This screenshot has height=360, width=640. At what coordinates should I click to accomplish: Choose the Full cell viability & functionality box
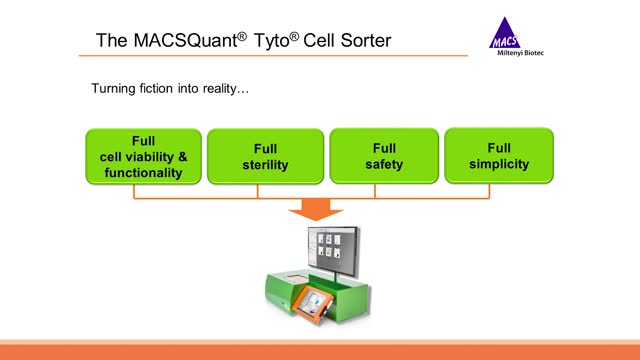click(143, 156)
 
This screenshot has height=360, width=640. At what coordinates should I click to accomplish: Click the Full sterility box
click(265, 156)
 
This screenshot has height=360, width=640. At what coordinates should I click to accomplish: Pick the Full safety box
click(384, 156)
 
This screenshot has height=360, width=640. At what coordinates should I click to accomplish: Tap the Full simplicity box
click(499, 156)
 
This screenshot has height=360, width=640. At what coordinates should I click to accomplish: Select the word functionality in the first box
click(143, 172)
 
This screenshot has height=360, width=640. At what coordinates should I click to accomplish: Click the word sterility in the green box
click(265, 164)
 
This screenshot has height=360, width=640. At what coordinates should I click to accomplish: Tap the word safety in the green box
click(384, 164)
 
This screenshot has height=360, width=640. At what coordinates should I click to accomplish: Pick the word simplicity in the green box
click(499, 164)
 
